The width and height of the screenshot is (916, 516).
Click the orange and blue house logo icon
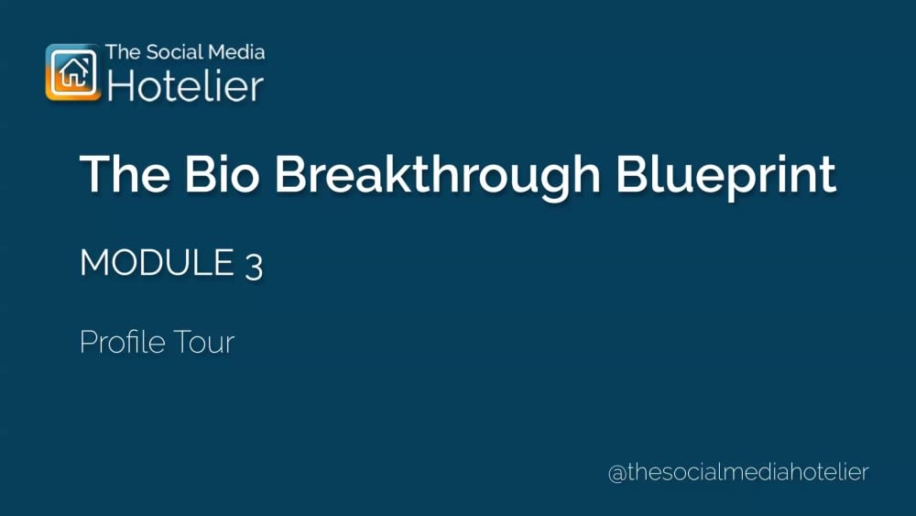tap(73, 71)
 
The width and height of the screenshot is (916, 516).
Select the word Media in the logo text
tap(240, 52)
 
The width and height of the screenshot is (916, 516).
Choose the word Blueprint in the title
tap(725, 176)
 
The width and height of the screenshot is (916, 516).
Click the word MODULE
tap(157, 264)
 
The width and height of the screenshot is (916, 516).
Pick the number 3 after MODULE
tap(254, 266)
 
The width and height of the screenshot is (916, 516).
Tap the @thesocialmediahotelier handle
tap(738, 473)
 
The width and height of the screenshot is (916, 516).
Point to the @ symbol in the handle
tap(617, 474)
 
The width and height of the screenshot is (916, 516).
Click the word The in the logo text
tap(123, 52)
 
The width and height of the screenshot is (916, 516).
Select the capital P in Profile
tap(88, 343)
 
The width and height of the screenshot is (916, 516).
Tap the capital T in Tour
tap(184, 343)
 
